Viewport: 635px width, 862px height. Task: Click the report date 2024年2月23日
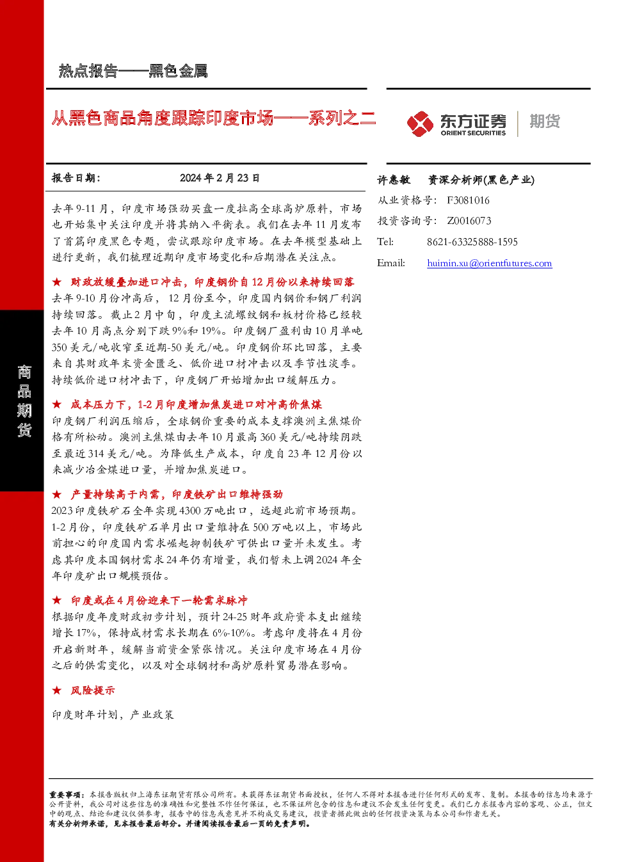(x=220, y=178)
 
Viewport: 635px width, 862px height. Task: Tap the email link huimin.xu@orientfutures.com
(x=490, y=263)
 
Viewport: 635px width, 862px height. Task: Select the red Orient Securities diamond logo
(x=421, y=124)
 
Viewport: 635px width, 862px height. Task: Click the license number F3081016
(x=468, y=200)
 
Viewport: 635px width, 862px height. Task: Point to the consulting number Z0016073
(x=469, y=221)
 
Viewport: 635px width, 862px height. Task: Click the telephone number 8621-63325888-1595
(x=472, y=242)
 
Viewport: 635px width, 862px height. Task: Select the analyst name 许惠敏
(x=394, y=180)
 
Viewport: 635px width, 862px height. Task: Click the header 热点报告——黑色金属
(x=133, y=71)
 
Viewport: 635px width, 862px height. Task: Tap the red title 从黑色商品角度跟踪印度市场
(x=163, y=118)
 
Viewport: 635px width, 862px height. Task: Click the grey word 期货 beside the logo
(x=545, y=121)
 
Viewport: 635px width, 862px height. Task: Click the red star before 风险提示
(x=57, y=690)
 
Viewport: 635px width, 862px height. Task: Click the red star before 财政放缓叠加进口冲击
(x=57, y=282)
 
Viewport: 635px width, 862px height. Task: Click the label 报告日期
(x=76, y=178)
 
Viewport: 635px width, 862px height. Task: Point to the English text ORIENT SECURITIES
(x=473, y=133)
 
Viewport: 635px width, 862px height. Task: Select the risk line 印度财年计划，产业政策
(x=113, y=715)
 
